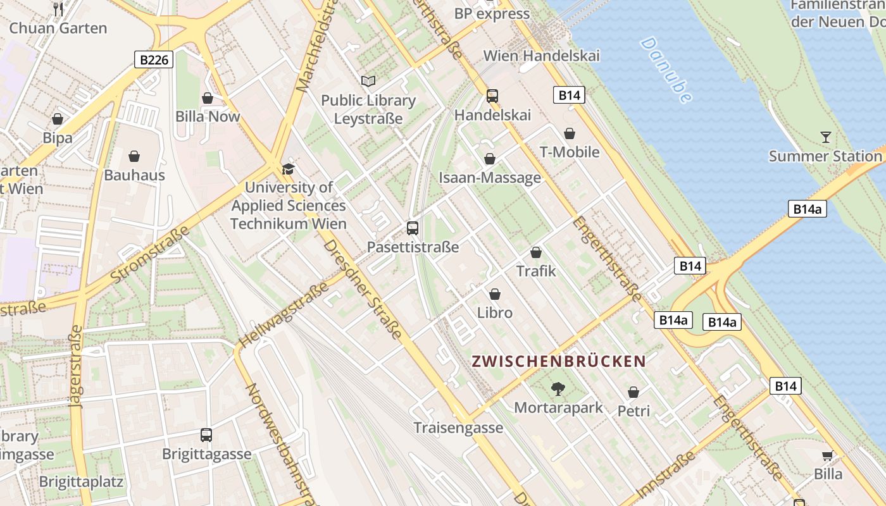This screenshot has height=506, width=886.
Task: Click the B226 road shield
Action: click(x=154, y=60)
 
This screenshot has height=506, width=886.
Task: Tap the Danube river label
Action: click(x=666, y=70)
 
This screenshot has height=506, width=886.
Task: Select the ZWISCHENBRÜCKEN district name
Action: click(x=559, y=361)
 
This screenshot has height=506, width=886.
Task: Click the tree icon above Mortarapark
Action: click(x=558, y=388)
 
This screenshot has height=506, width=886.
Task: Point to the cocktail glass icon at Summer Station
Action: click(x=825, y=137)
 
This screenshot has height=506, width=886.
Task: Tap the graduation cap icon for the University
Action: click(x=288, y=169)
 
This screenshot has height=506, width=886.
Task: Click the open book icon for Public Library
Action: click(x=368, y=81)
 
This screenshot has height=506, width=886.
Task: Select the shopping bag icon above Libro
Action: click(x=495, y=294)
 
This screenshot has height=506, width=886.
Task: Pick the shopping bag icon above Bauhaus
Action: click(x=134, y=156)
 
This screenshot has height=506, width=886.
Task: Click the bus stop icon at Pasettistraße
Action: click(x=413, y=228)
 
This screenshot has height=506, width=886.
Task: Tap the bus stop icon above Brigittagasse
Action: click(x=206, y=435)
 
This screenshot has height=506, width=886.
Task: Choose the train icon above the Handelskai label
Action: click(x=492, y=96)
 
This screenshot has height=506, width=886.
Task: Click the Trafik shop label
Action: click(x=536, y=271)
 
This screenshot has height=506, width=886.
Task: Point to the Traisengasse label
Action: click(x=458, y=428)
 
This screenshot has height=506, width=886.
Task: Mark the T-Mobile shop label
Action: click(x=570, y=152)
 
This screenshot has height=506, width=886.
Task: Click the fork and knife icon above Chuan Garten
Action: click(x=59, y=9)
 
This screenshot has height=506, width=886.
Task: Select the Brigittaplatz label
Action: click(x=81, y=481)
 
